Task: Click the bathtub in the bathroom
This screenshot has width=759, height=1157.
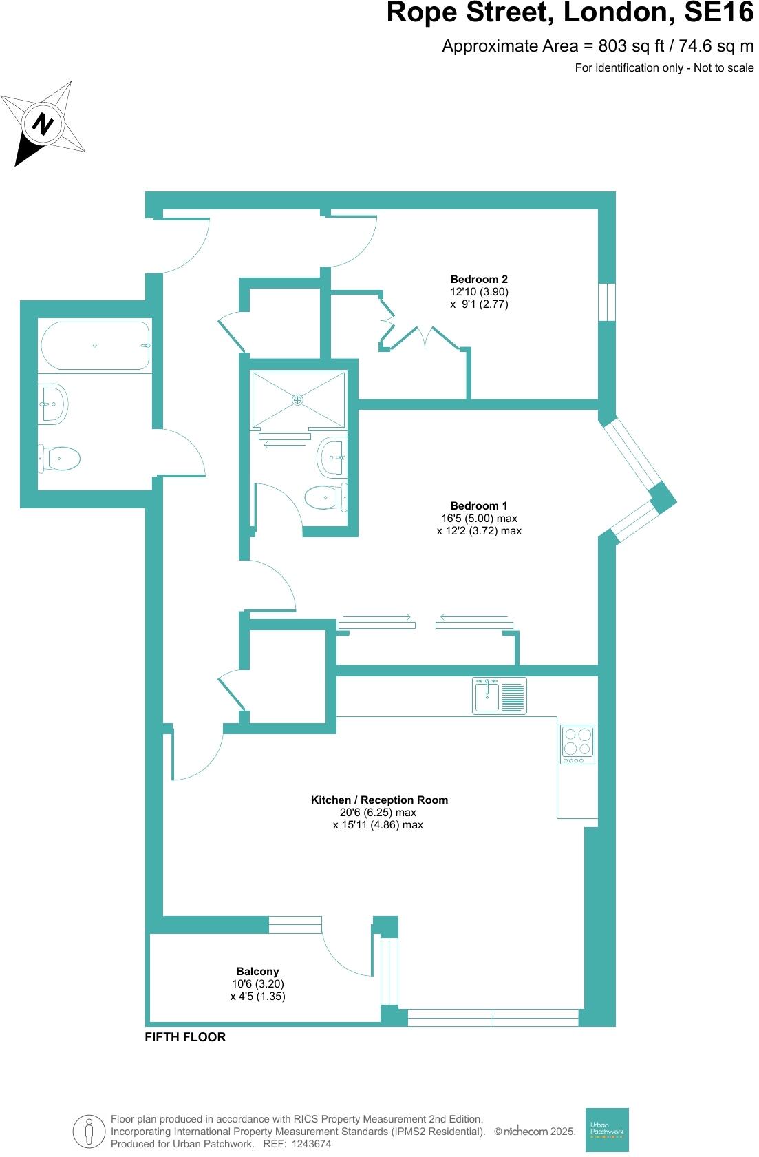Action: (x=95, y=346)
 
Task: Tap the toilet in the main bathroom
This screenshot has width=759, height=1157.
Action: (x=60, y=458)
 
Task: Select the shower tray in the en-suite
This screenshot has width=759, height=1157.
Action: (x=298, y=399)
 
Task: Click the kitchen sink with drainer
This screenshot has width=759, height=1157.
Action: (x=500, y=695)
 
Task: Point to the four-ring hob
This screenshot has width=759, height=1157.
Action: (x=577, y=744)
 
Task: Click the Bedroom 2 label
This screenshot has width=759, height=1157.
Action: (x=479, y=279)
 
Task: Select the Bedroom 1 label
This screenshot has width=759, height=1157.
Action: (x=479, y=505)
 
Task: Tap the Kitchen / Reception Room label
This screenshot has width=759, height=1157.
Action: (x=379, y=800)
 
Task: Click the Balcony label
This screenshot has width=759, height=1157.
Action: (x=257, y=971)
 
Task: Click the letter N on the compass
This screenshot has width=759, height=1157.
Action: (x=44, y=125)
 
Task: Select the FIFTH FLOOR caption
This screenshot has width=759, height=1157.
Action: (x=185, y=1036)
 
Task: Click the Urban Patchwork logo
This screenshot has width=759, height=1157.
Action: (x=606, y=1129)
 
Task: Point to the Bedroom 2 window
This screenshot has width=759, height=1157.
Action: (x=606, y=302)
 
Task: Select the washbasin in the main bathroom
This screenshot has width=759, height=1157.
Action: (x=53, y=404)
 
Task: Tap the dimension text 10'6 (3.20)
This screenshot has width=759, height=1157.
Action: (x=257, y=983)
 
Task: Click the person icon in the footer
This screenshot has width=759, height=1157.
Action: (x=89, y=1132)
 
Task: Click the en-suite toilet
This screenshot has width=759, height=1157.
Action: (x=323, y=497)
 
